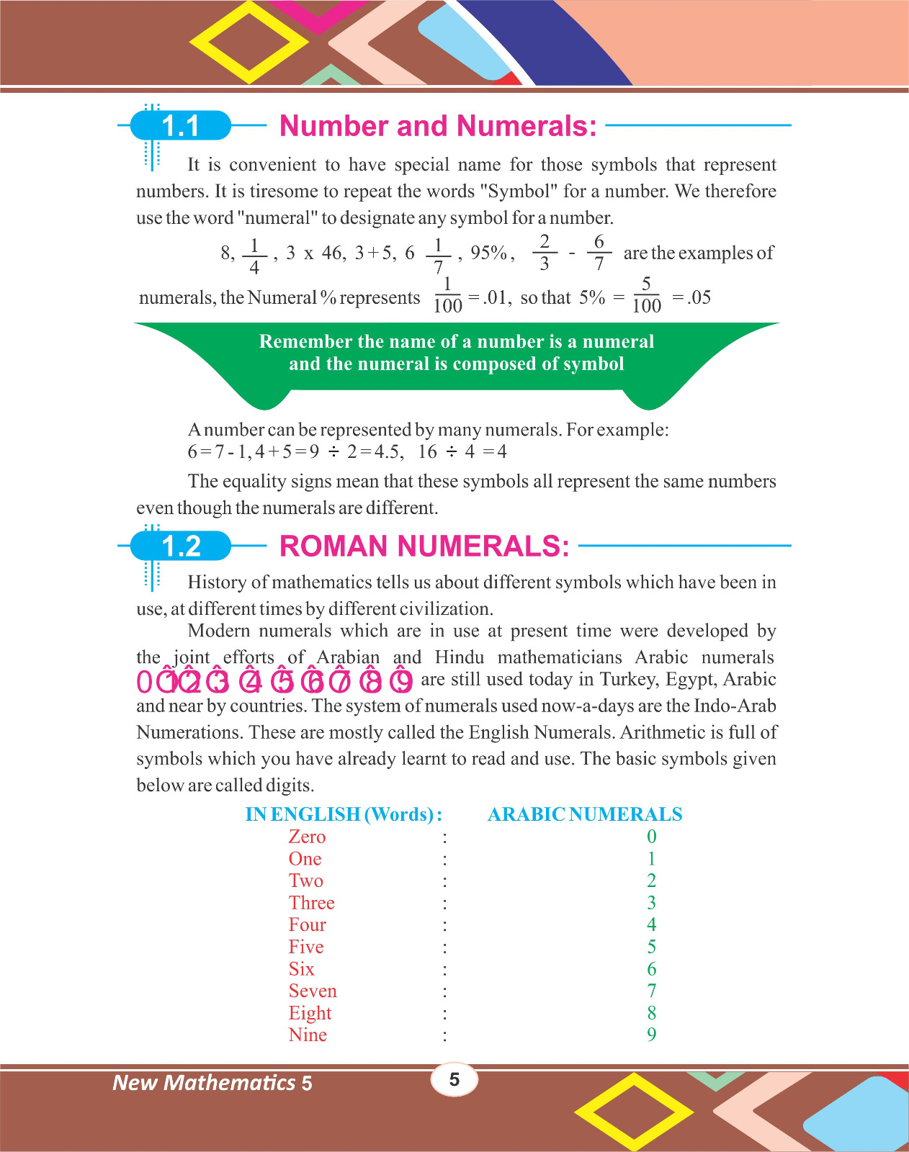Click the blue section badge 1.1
[180, 126]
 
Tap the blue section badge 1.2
[181, 546]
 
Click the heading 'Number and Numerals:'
[438, 126]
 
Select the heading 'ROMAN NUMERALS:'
[424, 546]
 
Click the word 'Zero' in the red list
[307, 837]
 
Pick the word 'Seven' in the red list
[313, 991]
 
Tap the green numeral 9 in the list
[651, 1035]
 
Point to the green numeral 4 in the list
[651, 924]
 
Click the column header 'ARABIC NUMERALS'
[585, 814]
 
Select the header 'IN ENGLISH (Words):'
[344, 814]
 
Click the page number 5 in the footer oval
[454, 1079]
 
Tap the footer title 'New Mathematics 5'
[212, 1083]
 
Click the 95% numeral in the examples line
[489, 253]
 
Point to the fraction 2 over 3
[545, 253]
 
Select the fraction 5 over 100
[646, 295]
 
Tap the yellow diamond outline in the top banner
[248, 42]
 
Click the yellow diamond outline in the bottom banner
[634, 1111]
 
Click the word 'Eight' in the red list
[310, 1013]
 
